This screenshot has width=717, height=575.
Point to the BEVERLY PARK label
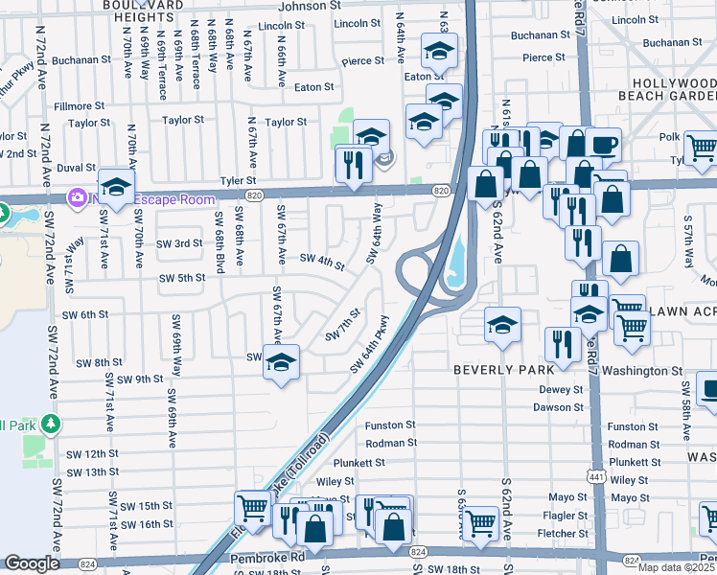point(503,370)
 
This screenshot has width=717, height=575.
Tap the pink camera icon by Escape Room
point(75,196)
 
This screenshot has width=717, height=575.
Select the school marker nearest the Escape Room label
point(116,188)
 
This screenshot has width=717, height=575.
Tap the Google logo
point(32,563)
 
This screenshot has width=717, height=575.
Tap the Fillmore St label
point(72,105)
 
